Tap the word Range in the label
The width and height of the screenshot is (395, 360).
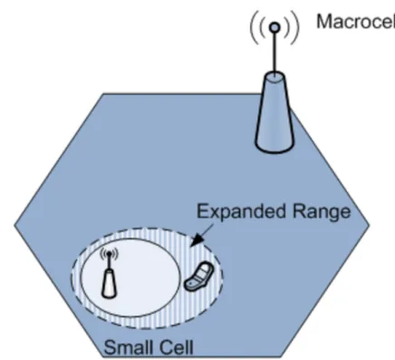(x=322, y=212)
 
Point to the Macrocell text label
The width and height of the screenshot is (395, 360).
(x=355, y=22)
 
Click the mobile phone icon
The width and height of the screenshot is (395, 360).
(x=198, y=277)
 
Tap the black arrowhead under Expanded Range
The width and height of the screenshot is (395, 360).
(x=197, y=239)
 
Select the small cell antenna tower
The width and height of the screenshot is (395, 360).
(x=109, y=273)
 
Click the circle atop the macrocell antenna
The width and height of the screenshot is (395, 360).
(x=275, y=27)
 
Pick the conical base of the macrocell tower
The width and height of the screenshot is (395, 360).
(x=275, y=112)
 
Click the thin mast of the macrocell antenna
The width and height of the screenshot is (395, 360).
(x=275, y=53)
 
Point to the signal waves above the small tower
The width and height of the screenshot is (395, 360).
(x=109, y=254)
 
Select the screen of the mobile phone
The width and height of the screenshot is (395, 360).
(x=205, y=270)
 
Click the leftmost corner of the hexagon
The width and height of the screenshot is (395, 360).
(x=14, y=225)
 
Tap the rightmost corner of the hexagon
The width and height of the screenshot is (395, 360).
(x=370, y=225)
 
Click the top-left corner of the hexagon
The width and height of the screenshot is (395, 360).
(x=103, y=93)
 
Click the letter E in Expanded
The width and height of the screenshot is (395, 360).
(x=202, y=211)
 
